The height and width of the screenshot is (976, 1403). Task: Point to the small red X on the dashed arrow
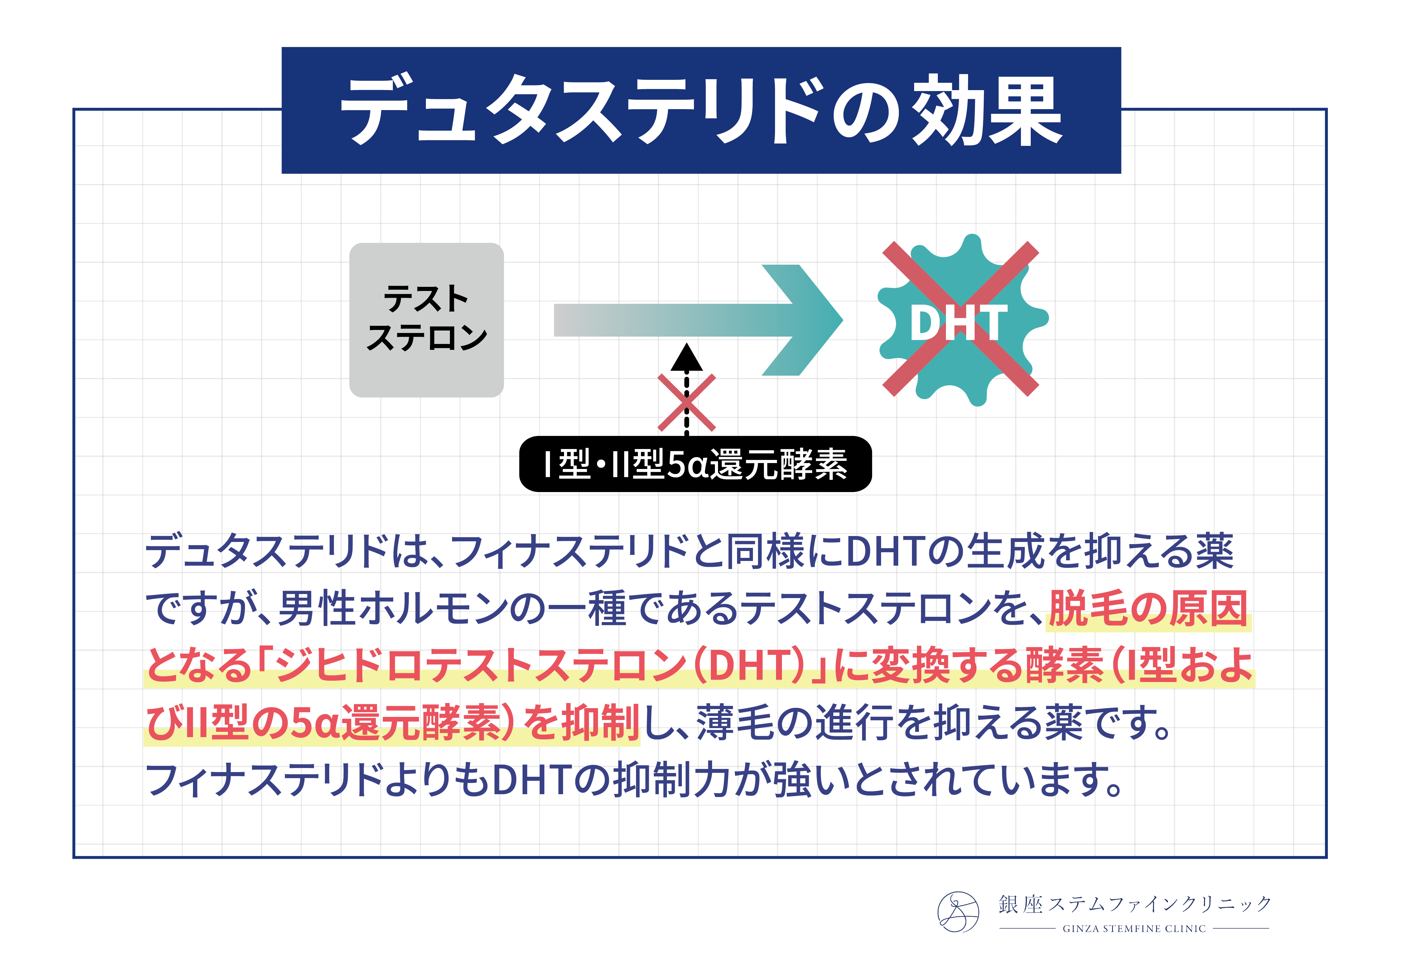click(686, 403)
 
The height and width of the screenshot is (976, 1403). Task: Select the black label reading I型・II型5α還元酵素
click(695, 464)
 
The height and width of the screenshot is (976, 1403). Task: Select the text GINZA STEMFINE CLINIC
click(1134, 928)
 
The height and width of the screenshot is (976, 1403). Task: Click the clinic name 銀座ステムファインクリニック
click(1135, 904)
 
